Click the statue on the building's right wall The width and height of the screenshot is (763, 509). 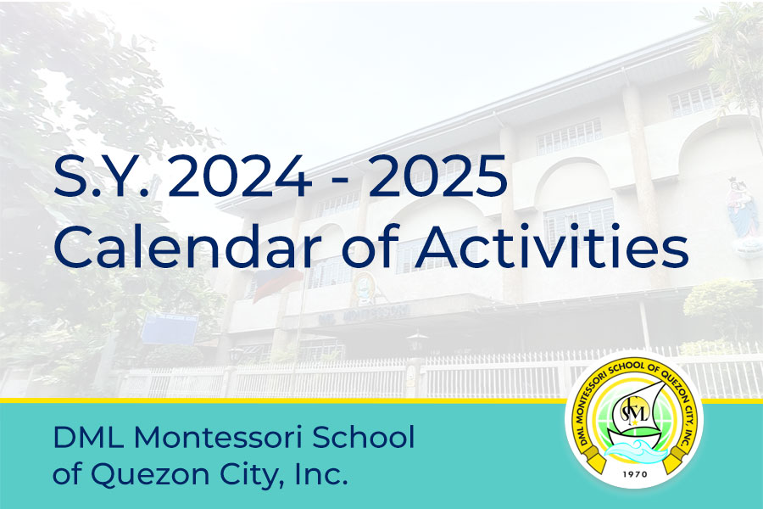[743, 208]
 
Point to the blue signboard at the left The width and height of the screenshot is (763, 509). [169, 327]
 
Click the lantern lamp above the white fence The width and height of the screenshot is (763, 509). [416, 343]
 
